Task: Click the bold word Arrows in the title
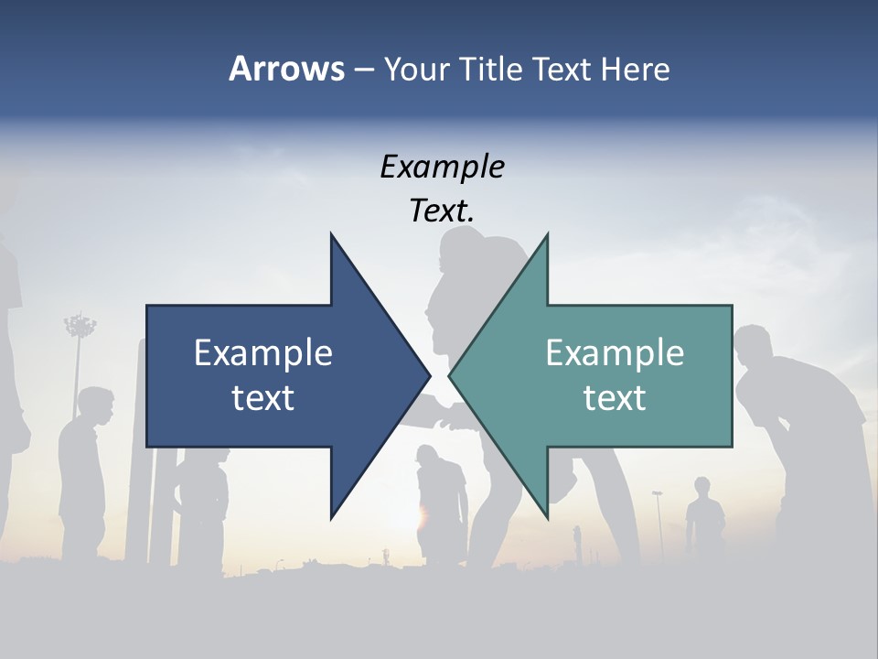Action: coord(286,69)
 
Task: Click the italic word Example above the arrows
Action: coord(442,167)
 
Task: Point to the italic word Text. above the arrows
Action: coord(442,211)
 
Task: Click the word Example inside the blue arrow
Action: coord(263,352)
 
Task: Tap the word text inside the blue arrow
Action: coord(263,397)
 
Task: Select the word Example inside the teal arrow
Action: coord(615,352)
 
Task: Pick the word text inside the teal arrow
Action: coord(615,397)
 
